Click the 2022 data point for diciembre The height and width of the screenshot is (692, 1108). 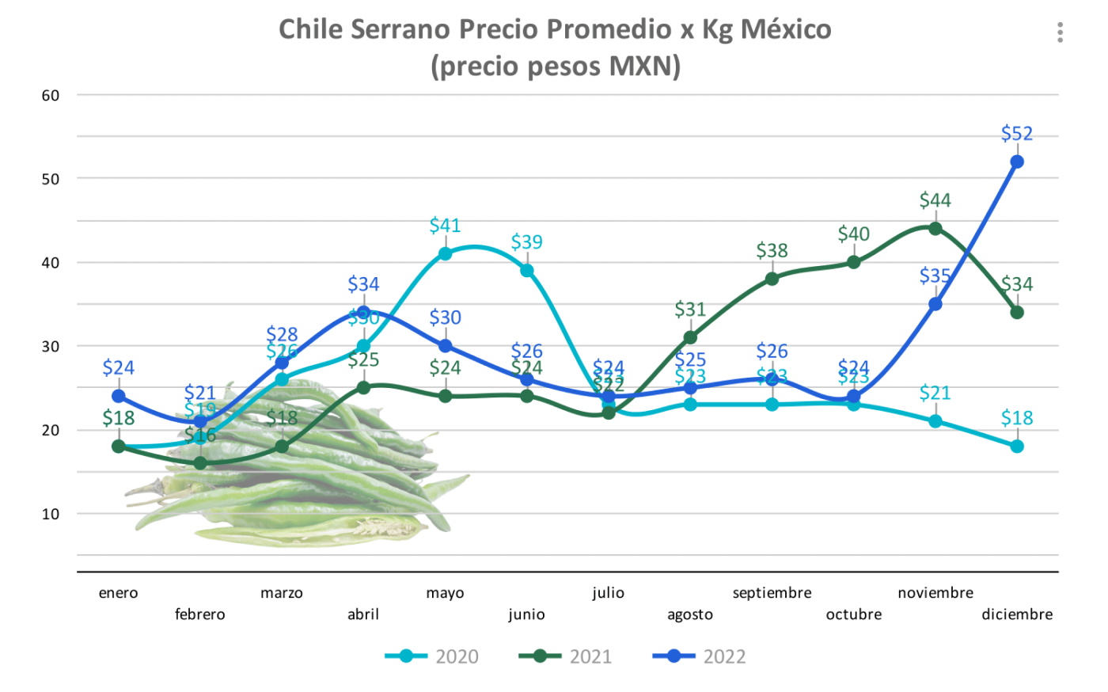[x=1017, y=162]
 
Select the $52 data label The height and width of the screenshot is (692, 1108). [x=1017, y=133]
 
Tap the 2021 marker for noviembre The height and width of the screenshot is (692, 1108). [x=935, y=229]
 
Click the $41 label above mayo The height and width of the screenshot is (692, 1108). [x=445, y=226]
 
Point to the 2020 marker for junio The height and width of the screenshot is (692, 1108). [x=526, y=271]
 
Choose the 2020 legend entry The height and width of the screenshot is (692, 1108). [x=432, y=656]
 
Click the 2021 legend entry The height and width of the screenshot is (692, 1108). [x=566, y=656]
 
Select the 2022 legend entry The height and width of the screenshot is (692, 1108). [x=700, y=656]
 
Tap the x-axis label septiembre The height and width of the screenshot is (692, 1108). [x=772, y=593]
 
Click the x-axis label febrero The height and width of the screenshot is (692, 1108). [x=199, y=614]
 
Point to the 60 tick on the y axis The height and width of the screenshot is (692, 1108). [x=51, y=96]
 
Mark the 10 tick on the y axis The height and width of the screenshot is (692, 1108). [x=51, y=514]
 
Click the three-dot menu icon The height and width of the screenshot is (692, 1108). [x=1060, y=32]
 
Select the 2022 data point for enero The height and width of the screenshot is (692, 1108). [x=119, y=396]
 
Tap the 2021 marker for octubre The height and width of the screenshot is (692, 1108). [x=854, y=262]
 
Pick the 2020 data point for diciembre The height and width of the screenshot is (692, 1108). [x=1017, y=447]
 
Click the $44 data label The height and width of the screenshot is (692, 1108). [x=935, y=200]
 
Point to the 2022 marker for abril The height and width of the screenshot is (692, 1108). [x=363, y=313]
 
